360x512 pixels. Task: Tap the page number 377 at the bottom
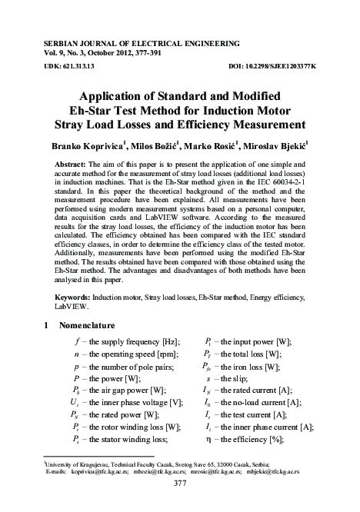click(x=179, y=504)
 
